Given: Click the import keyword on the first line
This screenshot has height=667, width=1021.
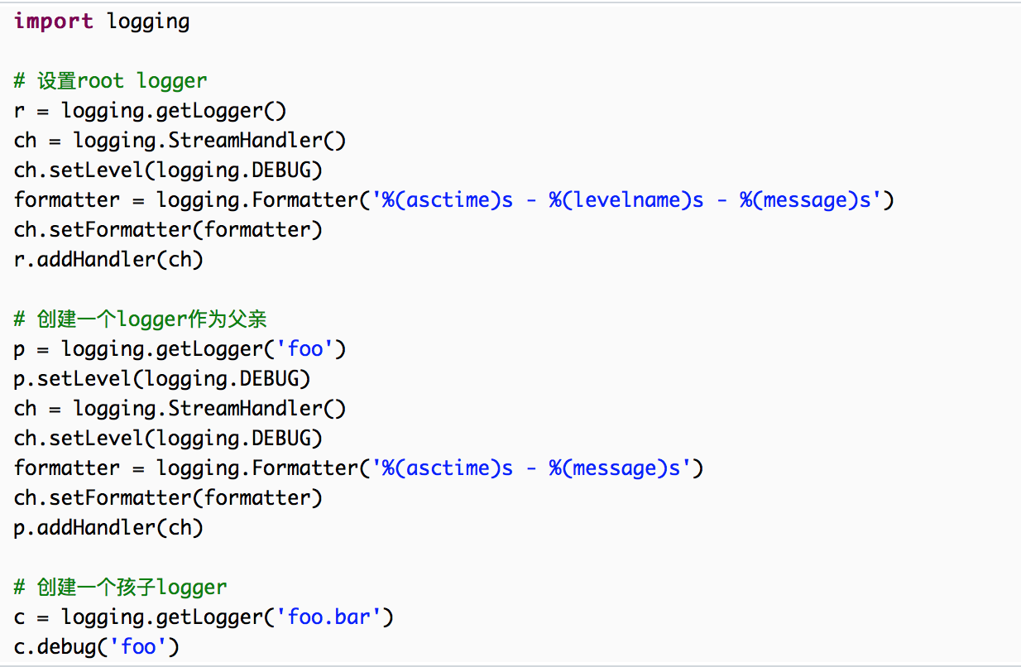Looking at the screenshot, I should coord(53,21).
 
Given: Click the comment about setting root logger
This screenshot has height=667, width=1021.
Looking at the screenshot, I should coord(110,80).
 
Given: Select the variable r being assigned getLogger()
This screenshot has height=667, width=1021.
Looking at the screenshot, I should coord(19,110).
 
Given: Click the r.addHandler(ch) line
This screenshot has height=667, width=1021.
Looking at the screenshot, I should coord(108,259).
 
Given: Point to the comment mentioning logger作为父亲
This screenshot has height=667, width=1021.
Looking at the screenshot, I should coord(140,319).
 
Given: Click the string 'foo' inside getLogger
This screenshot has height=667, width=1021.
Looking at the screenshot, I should coord(304,348).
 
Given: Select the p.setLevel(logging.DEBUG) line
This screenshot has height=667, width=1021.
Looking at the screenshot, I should coord(162,378).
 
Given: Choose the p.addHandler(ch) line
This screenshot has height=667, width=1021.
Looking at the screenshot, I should coord(108,527).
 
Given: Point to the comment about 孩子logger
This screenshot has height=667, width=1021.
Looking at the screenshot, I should coord(120,587).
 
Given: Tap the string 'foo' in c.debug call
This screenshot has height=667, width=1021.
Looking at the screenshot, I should coord(138,646).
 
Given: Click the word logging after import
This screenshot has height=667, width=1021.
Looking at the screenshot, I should coord(148,21).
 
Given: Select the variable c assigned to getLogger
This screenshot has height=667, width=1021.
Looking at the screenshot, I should coord(19,617).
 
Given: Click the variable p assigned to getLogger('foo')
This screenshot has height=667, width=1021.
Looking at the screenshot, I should coord(19,348).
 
